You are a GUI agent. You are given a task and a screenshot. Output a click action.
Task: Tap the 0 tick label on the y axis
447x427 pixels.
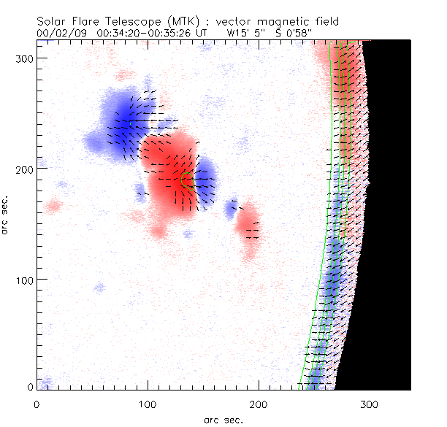tap(28, 387)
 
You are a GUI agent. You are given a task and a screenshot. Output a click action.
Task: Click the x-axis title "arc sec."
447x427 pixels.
tap(223, 420)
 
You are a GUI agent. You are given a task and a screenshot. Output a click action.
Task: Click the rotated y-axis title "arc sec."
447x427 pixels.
tap(7, 215)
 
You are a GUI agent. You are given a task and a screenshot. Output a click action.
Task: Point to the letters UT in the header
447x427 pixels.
tap(200, 33)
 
